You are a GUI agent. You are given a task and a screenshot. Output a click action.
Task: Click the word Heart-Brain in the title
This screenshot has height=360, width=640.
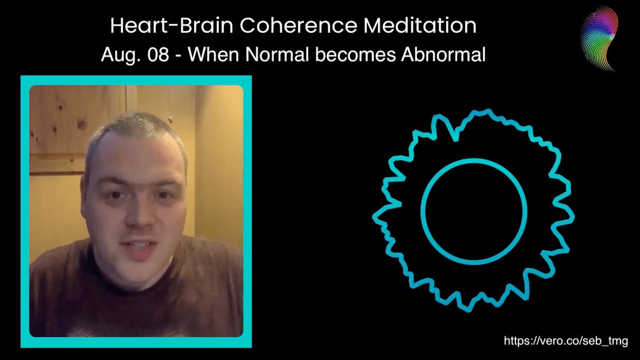click(172, 26)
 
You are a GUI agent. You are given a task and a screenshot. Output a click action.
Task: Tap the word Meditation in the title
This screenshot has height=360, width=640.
click(420, 26)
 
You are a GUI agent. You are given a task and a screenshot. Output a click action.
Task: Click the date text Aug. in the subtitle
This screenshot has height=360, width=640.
click(121, 55)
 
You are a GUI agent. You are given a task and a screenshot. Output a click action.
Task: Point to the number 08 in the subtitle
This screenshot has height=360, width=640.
click(158, 54)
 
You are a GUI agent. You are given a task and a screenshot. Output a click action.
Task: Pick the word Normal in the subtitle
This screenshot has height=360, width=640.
click(277, 54)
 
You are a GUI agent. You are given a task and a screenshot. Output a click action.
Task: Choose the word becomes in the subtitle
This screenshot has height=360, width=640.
click(356, 54)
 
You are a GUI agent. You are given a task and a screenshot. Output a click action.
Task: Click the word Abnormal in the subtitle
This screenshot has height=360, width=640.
click(443, 54)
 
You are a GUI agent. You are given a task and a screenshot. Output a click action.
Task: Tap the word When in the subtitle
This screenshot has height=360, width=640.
click(213, 54)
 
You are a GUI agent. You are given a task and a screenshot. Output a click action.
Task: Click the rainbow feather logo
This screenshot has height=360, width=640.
click(599, 39)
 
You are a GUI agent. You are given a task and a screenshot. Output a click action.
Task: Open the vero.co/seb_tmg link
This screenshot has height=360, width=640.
click(566, 341)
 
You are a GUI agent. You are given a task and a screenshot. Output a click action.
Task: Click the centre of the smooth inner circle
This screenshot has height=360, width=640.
click(474, 211)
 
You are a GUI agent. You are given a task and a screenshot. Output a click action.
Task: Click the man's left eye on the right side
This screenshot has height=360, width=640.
click(164, 195)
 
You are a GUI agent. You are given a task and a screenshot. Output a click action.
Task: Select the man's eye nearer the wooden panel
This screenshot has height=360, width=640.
click(116, 195)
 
